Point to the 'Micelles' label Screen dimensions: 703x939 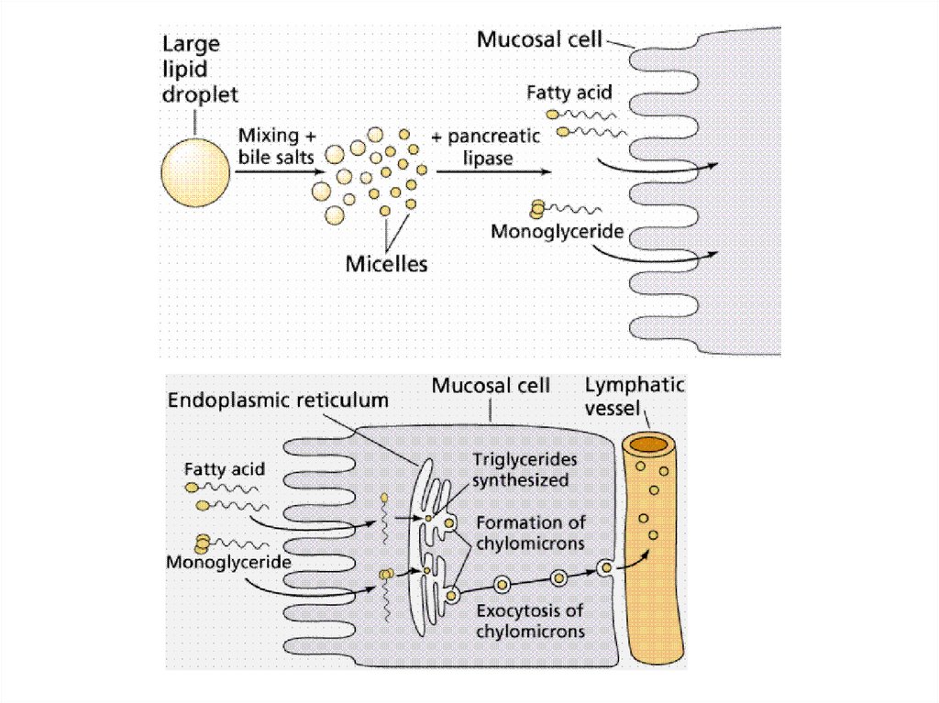[x=387, y=265]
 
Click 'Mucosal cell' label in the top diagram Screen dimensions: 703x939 [x=539, y=40]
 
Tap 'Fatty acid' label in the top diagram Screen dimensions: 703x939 [x=569, y=93]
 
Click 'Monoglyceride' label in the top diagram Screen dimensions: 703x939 [x=557, y=231]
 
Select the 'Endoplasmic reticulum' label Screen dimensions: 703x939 [x=278, y=401]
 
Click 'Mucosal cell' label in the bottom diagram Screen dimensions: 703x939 [x=492, y=386]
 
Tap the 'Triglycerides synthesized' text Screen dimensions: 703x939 [x=521, y=469]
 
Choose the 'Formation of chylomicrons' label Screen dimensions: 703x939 [x=531, y=533]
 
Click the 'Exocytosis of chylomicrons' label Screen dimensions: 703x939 [x=531, y=621]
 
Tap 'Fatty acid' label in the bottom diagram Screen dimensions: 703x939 [x=225, y=469]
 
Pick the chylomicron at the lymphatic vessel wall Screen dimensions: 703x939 [x=604, y=569]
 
